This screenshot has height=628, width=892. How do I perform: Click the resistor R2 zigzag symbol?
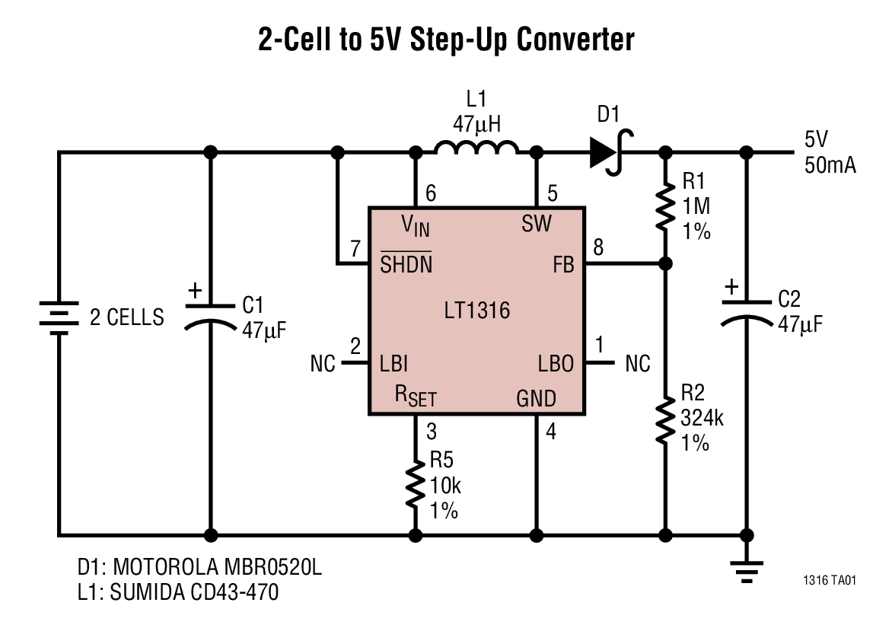(x=666, y=420)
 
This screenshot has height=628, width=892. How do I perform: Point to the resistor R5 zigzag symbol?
(x=416, y=486)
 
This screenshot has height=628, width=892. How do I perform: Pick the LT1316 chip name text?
(x=476, y=311)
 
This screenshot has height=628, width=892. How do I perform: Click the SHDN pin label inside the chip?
(x=406, y=264)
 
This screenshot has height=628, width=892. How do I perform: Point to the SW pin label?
(x=537, y=225)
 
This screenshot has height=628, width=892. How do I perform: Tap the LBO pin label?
(x=556, y=364)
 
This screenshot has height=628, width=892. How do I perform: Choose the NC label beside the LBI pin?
(x=323, y=364)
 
